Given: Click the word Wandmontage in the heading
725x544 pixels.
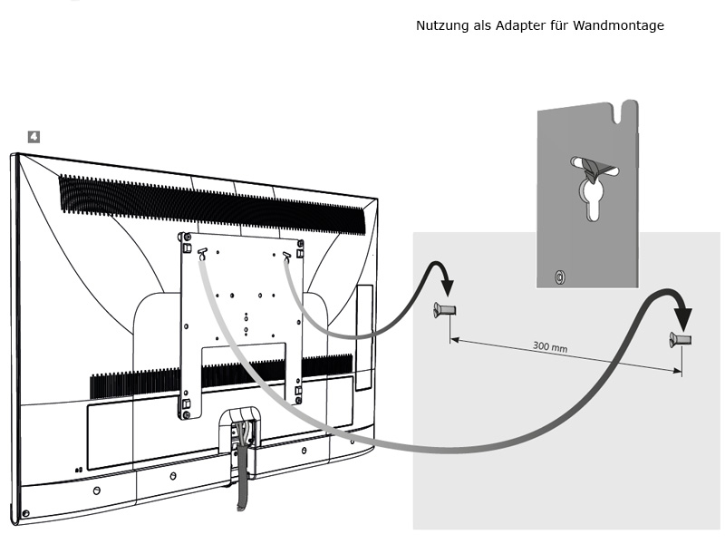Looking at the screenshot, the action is pyautogui.click(x=618, y=25).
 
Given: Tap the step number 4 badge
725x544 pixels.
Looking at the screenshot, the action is pyautogui.click(x=34, y=137).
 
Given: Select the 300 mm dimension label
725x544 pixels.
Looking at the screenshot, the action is pyautogui.click(x=550, y=346).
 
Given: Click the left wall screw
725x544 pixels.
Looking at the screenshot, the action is pyautogui.click(x=445, y=310).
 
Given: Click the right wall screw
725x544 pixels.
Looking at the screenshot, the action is pyautogui.click(x=681, y=340).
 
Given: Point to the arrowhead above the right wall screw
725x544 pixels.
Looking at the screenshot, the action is pyautogui.click(x=682, y=319).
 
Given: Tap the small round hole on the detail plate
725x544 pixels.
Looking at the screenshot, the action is pyautogui.click(x=559, y=277).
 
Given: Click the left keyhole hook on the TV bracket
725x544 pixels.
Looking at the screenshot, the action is pyautogui.click(x=202, y=254).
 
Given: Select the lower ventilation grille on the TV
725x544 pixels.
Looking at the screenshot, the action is pyautogui.click(x=221, y=375).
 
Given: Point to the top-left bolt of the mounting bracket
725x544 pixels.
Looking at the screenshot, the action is pyautogui.click(x=188, y=238).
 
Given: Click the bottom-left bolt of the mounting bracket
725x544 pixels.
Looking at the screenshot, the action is pyautogui.click(x=186, y=415).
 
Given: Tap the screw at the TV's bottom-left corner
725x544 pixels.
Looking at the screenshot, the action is pyautogui.click(x=26, y=513).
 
